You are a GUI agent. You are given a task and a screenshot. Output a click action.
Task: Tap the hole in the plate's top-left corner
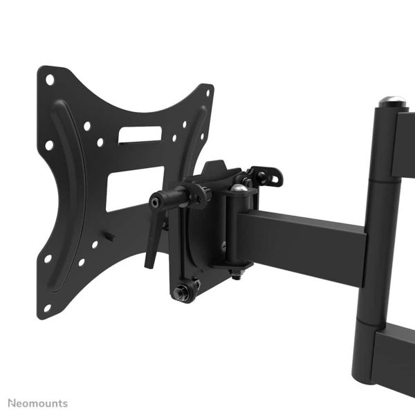pyautogui.click(x=50, y=80)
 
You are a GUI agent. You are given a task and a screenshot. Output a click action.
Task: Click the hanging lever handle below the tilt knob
pyautogui.click(x=151, y=250)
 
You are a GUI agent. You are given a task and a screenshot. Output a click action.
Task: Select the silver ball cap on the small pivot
pyautogui.click(x=237, y=188)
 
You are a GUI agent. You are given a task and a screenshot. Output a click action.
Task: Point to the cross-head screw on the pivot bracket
pyautogui.click(x=223, y=243)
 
